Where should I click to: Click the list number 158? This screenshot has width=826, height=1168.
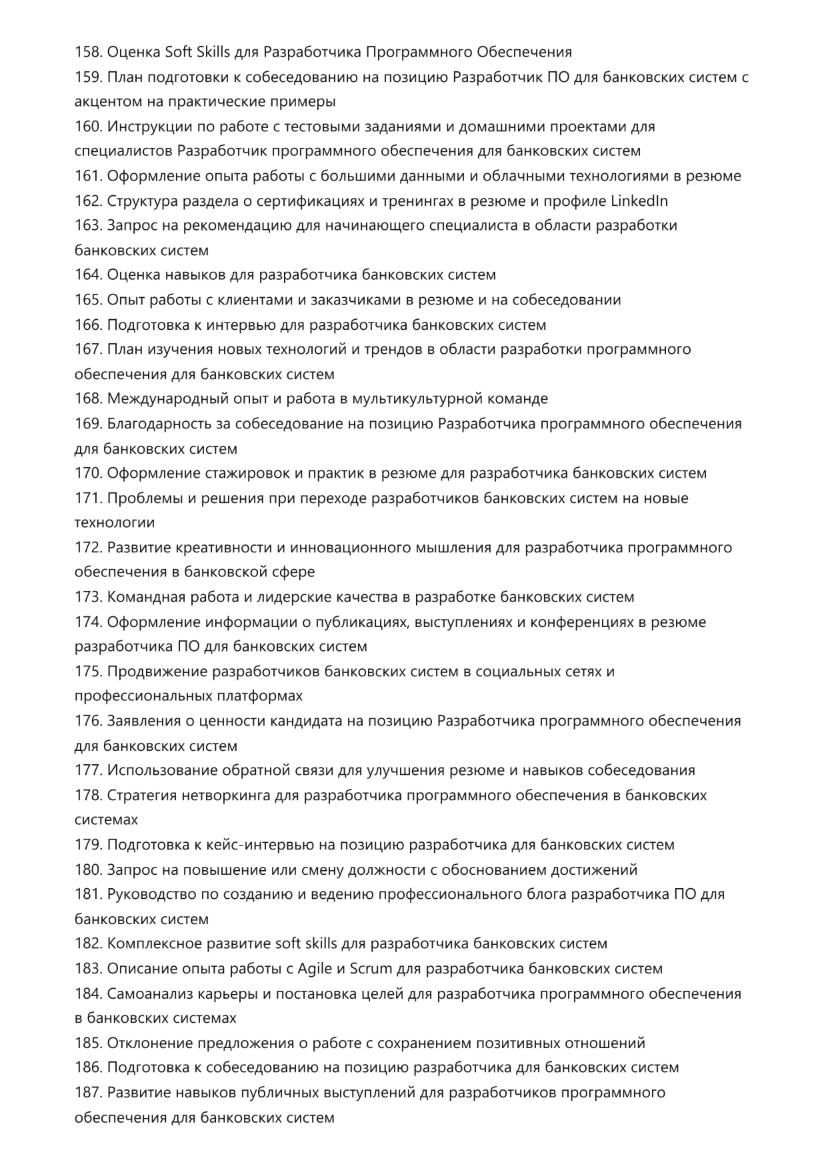pos(88,52)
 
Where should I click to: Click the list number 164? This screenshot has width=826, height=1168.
pos(88,275)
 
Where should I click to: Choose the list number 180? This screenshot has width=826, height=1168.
pos(88,870)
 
